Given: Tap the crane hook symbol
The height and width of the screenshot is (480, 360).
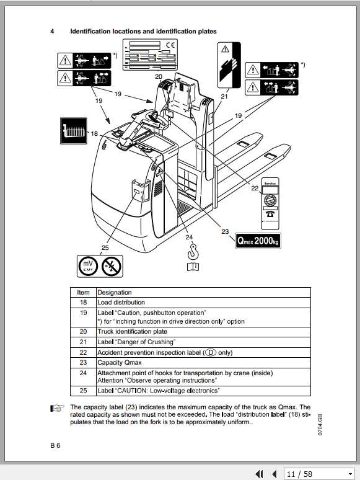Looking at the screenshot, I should pyautogui.click(x=193, y=251).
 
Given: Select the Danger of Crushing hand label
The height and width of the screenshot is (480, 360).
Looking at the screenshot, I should pyautogui.click(x=226, y=65).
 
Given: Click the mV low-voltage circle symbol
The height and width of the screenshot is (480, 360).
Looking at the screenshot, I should pyautogui.click(x=88, y=267).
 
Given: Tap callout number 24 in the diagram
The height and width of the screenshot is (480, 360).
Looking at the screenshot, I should pyautogui.click(x=188, y=236).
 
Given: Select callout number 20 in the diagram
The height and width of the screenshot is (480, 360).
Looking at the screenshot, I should pyautogui.click(x=159, y=77).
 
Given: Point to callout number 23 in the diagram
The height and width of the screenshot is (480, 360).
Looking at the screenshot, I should pyautogui.click(x=225, y=232).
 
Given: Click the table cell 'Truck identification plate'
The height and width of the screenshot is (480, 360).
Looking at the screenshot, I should pyautogui.click(x=132, y=332).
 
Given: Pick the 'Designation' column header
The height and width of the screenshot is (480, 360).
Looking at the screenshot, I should pyautogui.click(x=115, y=292).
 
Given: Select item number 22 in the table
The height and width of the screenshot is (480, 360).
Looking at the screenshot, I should pyautogui.click(x=83, y=352).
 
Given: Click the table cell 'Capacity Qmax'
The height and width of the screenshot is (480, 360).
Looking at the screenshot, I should pyautogui.click(x=120, y=362).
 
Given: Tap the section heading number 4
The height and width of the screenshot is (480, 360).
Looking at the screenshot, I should pyautogui.click(x=52, y=31).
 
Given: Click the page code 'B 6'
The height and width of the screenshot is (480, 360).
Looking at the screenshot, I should pyautogui.click(x=56, y=445).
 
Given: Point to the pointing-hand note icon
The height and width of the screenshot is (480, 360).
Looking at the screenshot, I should pyautogui.click(x=58, y=407).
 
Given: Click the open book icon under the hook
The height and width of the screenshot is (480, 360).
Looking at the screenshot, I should pyautogui.click(x=193, y=267).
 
